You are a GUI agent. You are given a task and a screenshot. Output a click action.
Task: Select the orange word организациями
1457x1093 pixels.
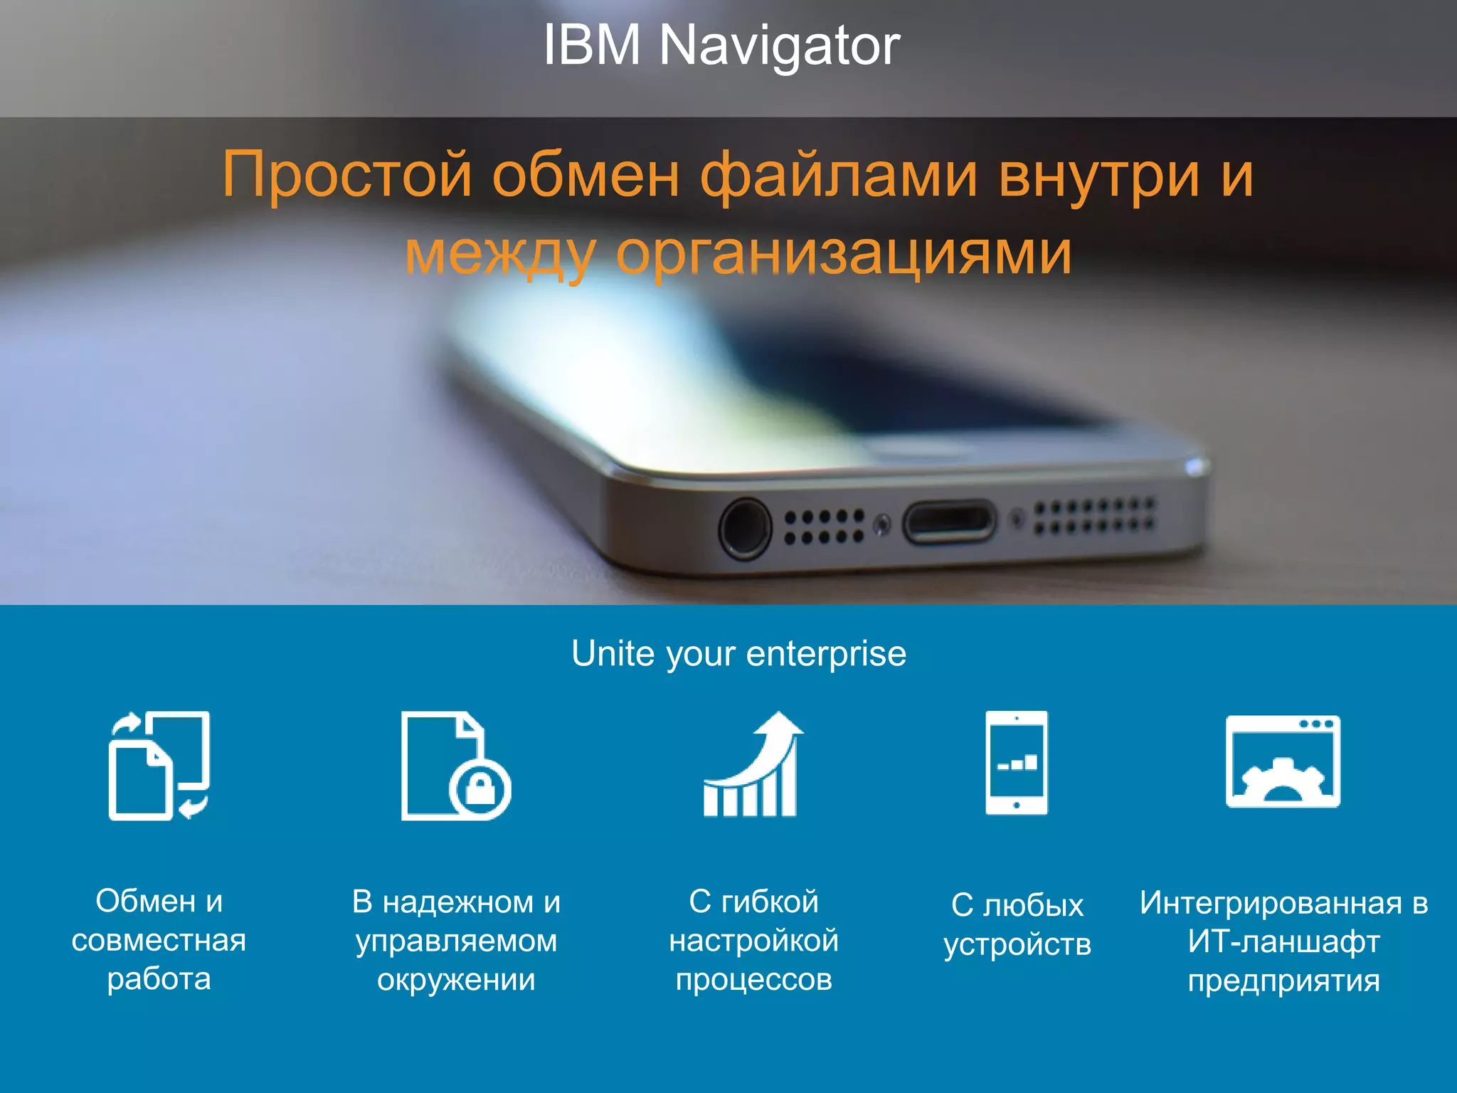coord(843,253)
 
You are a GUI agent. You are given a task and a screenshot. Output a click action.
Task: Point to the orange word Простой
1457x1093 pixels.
coord(347,175)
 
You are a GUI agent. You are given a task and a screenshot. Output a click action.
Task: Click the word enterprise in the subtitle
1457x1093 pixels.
coord(826,653)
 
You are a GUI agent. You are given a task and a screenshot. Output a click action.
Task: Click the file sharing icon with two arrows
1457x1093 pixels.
coord(159,765)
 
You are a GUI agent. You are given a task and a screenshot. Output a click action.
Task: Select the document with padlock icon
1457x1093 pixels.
coord(455,765)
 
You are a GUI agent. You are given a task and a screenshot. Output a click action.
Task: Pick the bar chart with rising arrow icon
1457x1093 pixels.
coord(752,765)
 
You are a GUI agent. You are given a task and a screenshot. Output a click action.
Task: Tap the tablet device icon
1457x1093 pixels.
coord(1017,762)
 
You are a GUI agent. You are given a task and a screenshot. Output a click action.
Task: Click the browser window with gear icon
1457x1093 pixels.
coord(1283,761)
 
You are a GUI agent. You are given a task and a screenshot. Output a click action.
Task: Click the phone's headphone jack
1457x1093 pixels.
coord(745,529)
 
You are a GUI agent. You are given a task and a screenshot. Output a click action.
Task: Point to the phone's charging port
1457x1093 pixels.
coord(949,522)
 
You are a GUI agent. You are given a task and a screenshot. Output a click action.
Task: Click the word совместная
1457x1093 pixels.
coord(159,941)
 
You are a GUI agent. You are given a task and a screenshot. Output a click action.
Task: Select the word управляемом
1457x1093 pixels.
coord(456,941)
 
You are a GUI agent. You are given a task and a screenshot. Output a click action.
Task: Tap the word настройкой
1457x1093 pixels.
coord(753,941)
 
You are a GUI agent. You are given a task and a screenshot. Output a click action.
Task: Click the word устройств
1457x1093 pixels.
coord(1017,944)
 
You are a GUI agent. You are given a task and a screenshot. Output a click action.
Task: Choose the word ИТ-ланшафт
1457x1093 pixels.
coord(1283,941)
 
